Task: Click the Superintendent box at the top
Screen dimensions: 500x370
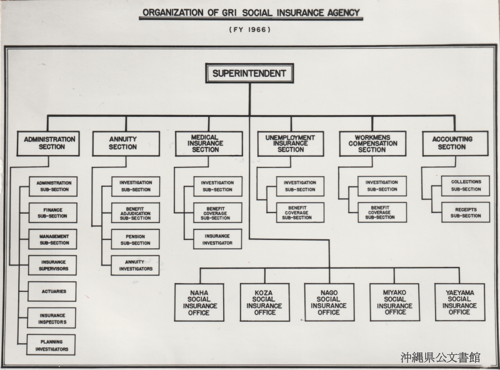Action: pos(249,73)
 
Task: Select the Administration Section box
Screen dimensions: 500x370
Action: pos(48,143)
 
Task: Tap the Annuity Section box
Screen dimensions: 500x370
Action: pos(126,143)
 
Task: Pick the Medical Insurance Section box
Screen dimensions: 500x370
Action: pos(209,144)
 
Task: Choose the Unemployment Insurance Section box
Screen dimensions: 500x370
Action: pos(291,144)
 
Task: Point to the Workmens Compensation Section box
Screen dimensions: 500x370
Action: pos(372,144)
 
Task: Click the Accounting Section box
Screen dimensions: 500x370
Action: pos(456,143)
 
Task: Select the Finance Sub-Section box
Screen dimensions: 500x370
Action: pos(53,212)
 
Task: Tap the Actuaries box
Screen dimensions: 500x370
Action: pos(52,291)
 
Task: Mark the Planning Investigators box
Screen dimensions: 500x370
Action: pos(51,345)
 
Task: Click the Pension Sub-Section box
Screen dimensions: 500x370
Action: pos(135,239)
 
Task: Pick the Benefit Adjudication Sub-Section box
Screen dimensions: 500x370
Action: pos(135,212)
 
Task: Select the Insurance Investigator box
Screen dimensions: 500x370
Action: pos(217,239)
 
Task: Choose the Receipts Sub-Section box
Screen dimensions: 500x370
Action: pos(466,212)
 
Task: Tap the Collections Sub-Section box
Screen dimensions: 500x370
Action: pos(466,186)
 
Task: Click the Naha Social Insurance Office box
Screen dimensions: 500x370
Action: pos(199,302)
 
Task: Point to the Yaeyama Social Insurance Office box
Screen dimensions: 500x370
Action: pos(460,302)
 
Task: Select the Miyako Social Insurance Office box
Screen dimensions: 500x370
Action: pos(395,302)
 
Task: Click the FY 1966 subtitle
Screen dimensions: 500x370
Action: pos(249,29)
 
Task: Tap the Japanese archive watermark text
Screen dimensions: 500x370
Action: pos(441,357)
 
